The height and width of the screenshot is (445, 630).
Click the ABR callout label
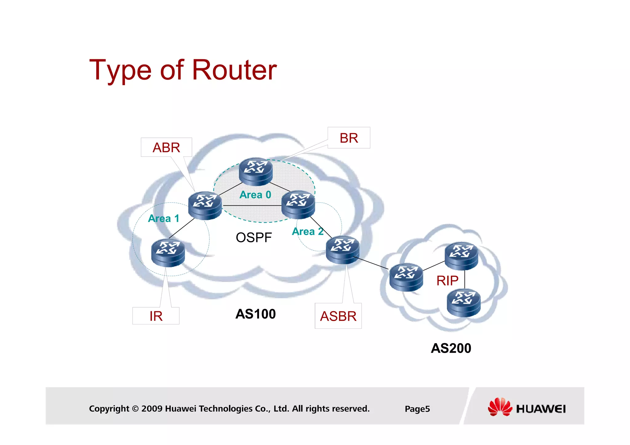(166, 148)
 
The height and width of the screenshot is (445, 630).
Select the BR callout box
(349, 138)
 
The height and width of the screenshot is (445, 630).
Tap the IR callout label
(156, 316)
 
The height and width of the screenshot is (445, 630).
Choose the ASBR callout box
(338, 316)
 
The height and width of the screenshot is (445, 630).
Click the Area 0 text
(255, 195)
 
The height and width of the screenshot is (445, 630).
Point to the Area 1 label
(163, 218)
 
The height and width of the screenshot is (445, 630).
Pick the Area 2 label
(308, 231)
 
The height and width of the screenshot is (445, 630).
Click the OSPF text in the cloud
(254, 237)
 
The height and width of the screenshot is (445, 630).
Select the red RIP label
(447, 280)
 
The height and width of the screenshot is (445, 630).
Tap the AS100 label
(256, 314)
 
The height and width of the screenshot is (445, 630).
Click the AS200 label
(451, 348)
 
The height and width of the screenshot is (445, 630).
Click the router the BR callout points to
(256, 172)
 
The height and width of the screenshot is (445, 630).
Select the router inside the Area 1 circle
(168, 253)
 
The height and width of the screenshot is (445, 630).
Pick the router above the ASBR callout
(343, 250)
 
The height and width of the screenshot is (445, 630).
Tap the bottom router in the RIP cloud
(464, 303)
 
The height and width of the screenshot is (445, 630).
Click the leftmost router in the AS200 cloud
(406, 277)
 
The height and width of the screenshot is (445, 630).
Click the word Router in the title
(234, 70)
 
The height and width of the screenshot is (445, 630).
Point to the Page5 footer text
(417, 409)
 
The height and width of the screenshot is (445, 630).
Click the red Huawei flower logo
(500, 407)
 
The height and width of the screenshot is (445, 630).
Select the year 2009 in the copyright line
(152, 409)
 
